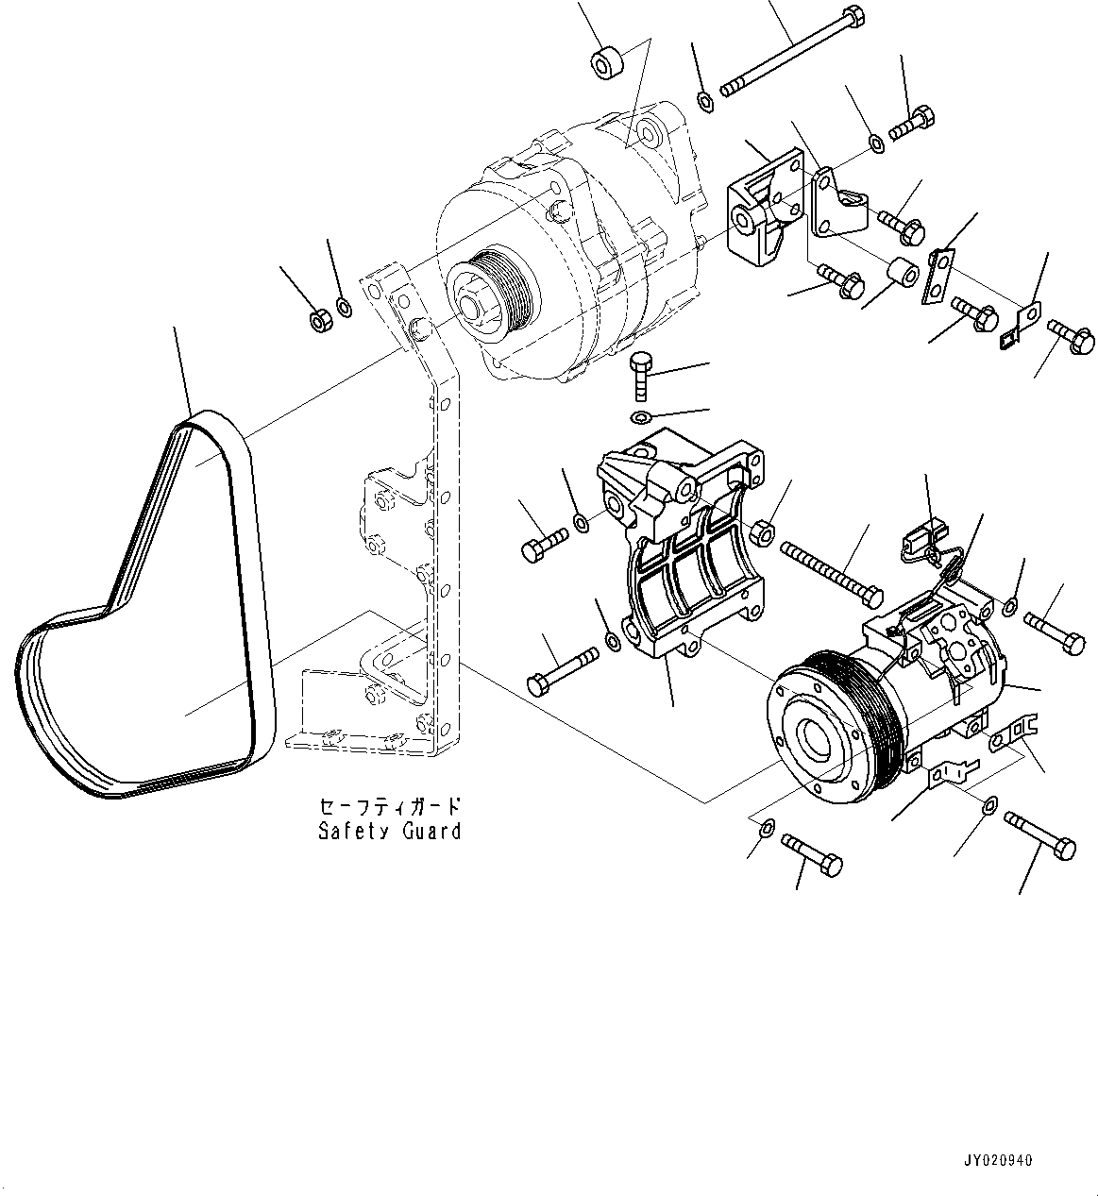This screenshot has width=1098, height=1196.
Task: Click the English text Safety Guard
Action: tap(389, 831)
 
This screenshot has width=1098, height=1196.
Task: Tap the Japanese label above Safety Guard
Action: tap(389, 807)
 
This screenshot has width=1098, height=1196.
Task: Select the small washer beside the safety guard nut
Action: tap(346, 308)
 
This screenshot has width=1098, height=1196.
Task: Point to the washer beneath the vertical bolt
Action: tap(640, 417)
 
